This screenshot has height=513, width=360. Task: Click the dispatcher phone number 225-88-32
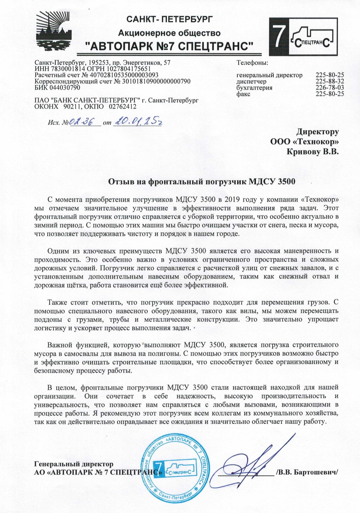[330, 82]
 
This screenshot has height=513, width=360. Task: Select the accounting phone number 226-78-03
[330, 88]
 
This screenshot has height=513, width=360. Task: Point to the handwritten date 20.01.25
[139, 121]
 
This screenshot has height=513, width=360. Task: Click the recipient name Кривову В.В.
[313, 152]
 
